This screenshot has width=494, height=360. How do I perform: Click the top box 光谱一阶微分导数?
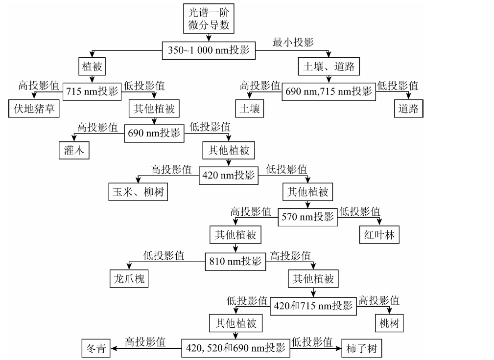pyautogui.click(x=209, y=19)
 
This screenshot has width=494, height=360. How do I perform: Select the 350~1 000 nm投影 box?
pyautogui.click(x=209, y=50)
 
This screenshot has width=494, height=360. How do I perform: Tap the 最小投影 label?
pyautogui.click(x=293, y=42)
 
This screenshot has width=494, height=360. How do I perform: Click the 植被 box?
pyautogui.click(x=92, y=67)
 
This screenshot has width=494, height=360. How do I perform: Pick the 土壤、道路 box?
pyautogui.click(x=329, y=67)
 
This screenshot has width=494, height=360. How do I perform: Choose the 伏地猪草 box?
pyautogui.click(x=34, y=109)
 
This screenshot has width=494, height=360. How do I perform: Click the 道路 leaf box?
pyautogui.click(x=409, y=109)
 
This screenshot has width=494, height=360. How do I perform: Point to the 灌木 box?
pyautogui.click(x=74, y=151)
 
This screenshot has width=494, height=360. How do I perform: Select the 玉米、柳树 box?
pyautogui.click(x=138, y=192)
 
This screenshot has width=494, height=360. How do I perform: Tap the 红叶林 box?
pyautogui.click(x=379, y=235)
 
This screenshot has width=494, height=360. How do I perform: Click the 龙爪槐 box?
pyautogui.click(x=129, y=278)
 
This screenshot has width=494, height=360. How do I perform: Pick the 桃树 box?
pyautogui.click(x=389, y=323)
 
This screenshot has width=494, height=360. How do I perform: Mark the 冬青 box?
pyautogui.click(x=96, y=348)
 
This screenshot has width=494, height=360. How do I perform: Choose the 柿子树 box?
pyautogui.click(x=362, y=348)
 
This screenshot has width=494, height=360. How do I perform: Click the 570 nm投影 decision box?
pyautogui.click(x=308, y=217)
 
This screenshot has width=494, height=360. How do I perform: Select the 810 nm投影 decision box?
pyautogui.click(x=235, y=262)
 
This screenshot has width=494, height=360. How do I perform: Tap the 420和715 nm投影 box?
pyautogui.click(x=313, y=306)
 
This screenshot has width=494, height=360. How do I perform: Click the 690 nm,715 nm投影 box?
pyautogui.click(x=329, y=91)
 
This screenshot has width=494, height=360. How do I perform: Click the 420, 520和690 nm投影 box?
pyautogui.click(x=235, y=348)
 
